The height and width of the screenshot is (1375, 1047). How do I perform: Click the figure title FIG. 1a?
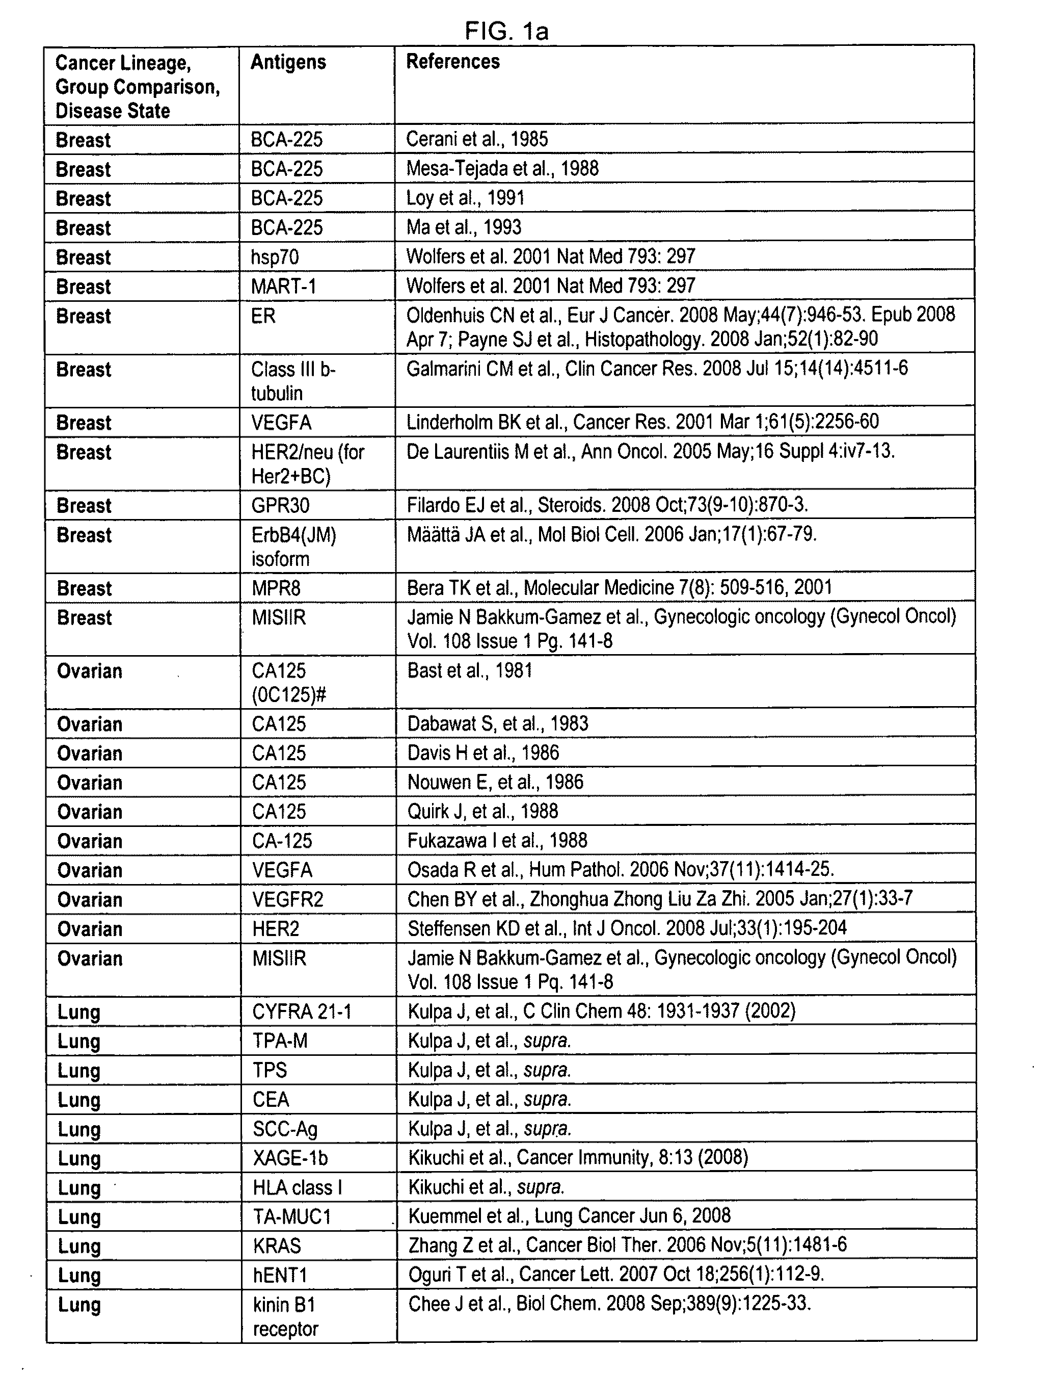click(506, 31)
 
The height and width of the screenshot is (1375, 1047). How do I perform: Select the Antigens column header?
click(288, 62)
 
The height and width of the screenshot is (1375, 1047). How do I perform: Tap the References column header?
click(452, 62)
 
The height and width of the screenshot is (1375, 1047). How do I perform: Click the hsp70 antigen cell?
click(275, 257)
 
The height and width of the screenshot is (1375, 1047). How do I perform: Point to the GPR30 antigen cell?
click(280, 505)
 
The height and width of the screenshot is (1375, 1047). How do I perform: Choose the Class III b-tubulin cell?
click(293, 381)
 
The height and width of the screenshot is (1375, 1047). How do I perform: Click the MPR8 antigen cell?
click(276, 588)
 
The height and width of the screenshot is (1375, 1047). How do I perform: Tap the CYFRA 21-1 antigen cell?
click(302, 1011)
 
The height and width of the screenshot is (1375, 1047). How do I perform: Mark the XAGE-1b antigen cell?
click(290, 1158)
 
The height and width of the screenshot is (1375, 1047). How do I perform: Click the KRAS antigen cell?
click(277, 1246)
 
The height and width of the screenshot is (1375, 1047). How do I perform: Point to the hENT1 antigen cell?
click(280, 1275)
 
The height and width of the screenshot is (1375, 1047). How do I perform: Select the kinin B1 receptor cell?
click(285, 1316)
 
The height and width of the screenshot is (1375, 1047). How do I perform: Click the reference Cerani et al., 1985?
click(477, 139)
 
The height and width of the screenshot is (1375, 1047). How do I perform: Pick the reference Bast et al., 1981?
click(469, 671)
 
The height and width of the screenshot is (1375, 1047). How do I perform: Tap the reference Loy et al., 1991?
click(465, 198)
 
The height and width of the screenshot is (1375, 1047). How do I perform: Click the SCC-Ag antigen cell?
click(285, 1129)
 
